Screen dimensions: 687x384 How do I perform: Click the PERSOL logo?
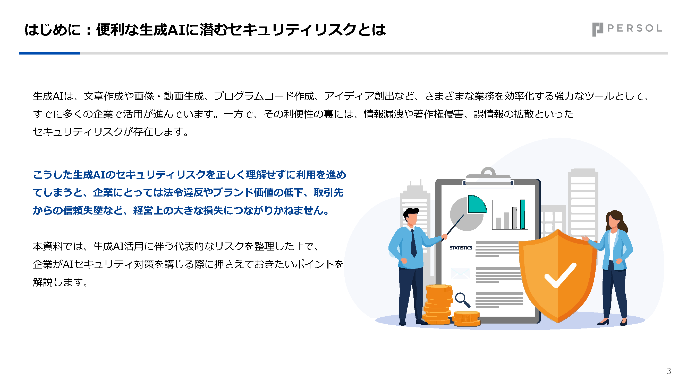627,29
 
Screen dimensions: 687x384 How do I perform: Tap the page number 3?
669,371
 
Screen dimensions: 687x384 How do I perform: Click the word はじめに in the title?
53,30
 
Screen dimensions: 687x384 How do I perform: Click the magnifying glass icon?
462,300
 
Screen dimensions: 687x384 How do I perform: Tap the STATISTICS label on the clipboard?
461,248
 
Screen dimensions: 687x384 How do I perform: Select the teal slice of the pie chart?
477,204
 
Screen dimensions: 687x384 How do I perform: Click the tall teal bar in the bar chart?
523,214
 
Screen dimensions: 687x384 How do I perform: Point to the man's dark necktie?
413,243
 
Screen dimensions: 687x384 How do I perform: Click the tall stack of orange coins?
438,304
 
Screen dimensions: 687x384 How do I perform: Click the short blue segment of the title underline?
49,53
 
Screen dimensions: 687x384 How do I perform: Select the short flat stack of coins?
467,319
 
